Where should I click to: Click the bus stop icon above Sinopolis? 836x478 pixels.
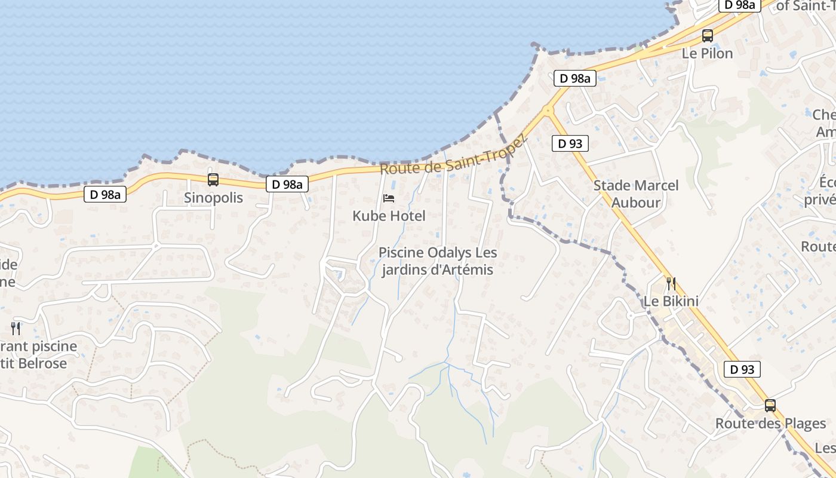click(213, 180)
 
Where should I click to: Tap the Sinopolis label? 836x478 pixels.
click(213, 198)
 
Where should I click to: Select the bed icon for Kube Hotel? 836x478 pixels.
click(389, 198)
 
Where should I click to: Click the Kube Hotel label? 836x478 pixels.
click(389, 216)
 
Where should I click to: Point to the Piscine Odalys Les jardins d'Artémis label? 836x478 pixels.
click(438, 261)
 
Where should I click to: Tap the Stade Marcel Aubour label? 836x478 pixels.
click(636, 194)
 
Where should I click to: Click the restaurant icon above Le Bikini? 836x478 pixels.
click(671, 283)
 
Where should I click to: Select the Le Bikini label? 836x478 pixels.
click(671, 301)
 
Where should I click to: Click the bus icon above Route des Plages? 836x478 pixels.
click(770, 406)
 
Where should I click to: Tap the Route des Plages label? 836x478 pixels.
click(770, 424)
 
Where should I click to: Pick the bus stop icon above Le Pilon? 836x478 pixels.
click(708, 35)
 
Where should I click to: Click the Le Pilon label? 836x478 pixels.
click(708, 53)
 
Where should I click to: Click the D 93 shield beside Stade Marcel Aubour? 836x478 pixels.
click(570, 143)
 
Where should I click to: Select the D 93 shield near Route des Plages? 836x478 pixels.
click(742, 369)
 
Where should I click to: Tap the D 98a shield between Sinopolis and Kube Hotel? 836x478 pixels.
click(287, 184)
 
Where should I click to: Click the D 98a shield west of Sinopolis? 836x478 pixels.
click(105, 194)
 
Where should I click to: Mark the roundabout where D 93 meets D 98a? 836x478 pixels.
click(548, 111)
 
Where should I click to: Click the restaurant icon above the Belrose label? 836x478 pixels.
click(16, 328)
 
